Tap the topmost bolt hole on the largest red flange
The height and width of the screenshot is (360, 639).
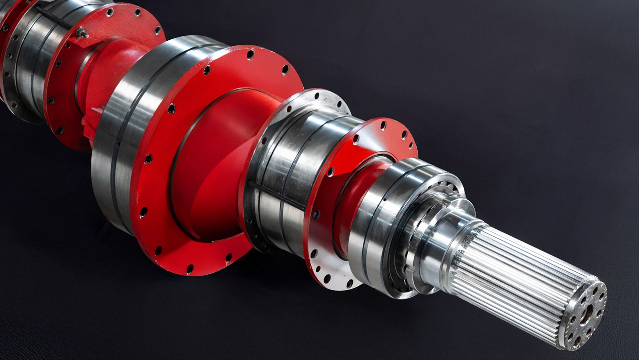pos(251,54)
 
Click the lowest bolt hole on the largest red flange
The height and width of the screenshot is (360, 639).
pos(190,268)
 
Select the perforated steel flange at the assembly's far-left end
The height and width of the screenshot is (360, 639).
pos(10,67)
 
